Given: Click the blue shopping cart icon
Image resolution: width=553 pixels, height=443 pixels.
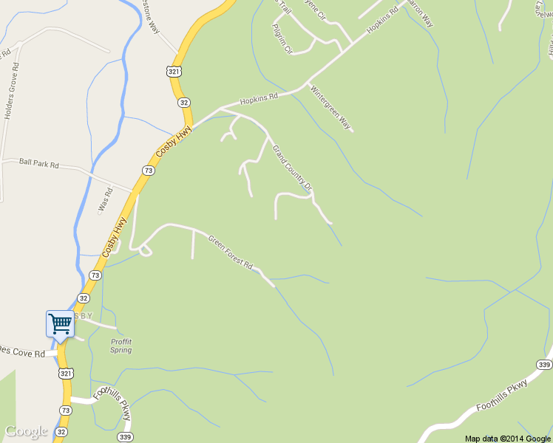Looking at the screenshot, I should click(x=60, y=323).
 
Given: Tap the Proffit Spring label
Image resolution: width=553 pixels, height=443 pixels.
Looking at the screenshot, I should click(x=121, y=346).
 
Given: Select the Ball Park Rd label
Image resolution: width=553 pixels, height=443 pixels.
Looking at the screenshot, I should click(x=38, y=163).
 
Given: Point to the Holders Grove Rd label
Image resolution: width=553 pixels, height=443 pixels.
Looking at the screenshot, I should click(x=10, y=92).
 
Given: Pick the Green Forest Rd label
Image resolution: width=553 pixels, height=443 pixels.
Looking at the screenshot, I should click(x=231, y=252).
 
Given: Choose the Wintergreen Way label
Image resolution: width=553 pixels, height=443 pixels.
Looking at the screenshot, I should click(x=330, y=108).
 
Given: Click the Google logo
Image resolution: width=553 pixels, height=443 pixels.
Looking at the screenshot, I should click(x=26, y=431).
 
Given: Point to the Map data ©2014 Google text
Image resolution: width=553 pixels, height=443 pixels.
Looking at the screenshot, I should click(x=507, y=438).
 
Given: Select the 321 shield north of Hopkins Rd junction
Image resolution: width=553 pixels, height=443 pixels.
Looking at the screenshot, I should click(x=173, y=71).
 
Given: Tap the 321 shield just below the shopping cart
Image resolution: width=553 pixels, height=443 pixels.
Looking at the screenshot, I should click(x=64, y=374).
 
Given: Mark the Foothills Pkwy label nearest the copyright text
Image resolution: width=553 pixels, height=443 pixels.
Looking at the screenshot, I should click(x=502, y=396).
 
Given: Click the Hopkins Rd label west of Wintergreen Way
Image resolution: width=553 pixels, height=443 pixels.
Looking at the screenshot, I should click(x=258, y=98).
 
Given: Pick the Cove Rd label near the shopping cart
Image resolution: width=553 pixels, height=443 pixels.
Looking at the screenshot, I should click(x=22, y=354).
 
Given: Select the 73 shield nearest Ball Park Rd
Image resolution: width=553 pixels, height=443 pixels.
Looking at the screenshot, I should click(x=149, y=171).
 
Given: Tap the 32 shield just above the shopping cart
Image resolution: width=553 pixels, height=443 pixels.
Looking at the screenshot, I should click(x=84, y=298).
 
